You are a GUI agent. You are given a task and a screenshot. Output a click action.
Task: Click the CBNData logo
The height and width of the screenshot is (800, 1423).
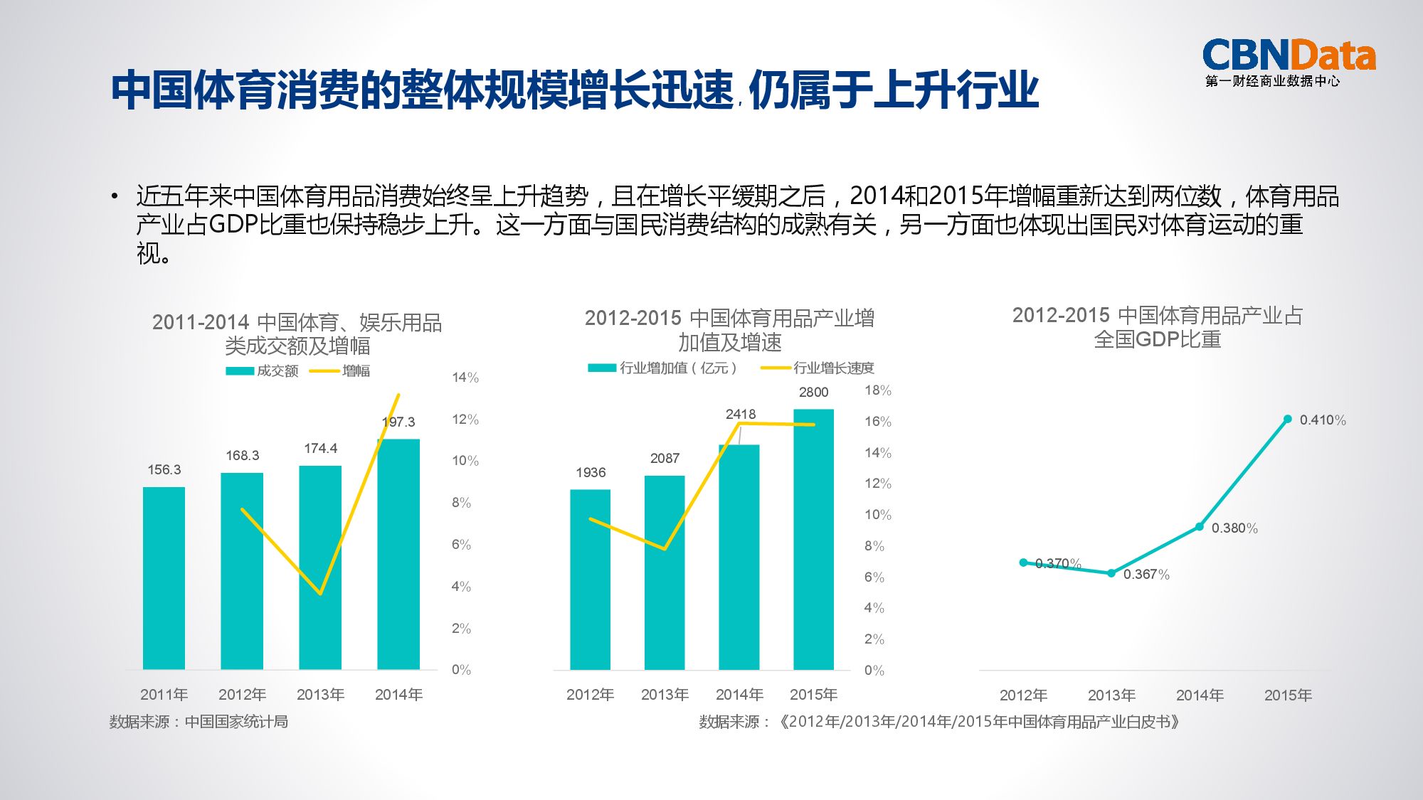1288,62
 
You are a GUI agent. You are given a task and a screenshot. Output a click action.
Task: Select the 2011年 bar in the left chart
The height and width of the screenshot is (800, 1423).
164,577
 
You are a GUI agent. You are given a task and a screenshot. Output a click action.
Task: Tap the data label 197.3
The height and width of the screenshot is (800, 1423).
398,422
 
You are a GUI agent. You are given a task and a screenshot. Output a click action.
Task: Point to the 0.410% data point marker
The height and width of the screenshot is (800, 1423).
1287,419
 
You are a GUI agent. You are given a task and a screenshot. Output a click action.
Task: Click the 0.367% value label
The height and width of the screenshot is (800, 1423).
1146,575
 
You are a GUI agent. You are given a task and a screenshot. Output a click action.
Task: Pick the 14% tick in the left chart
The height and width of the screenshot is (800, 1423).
465,378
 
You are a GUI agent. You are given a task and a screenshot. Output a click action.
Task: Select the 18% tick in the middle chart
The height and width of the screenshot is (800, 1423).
877,390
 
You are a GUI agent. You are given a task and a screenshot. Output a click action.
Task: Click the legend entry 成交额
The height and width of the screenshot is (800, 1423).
262,370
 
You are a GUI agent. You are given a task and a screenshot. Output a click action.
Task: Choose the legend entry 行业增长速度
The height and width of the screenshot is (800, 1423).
818,368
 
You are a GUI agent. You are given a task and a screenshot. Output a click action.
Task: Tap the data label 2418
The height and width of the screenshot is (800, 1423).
740,414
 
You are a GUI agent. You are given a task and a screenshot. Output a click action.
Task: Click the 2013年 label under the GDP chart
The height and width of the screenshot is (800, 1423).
1111,695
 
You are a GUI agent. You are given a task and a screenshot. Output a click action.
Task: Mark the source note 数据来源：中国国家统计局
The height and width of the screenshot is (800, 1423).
199,722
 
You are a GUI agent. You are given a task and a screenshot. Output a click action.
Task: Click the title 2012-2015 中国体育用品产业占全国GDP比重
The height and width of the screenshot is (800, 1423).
1157,327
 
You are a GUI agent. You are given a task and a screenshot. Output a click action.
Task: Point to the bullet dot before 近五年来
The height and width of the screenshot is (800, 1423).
114,196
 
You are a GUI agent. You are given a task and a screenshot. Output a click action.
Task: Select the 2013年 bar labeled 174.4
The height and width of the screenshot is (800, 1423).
320,567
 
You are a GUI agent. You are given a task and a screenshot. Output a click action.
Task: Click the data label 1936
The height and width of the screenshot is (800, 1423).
591,472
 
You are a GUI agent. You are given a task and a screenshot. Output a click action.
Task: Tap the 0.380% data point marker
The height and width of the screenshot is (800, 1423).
1199,527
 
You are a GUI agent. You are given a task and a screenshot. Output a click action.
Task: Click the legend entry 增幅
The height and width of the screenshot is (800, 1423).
342,370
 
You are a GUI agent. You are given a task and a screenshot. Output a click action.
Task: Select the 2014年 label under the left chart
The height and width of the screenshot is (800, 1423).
398,694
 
